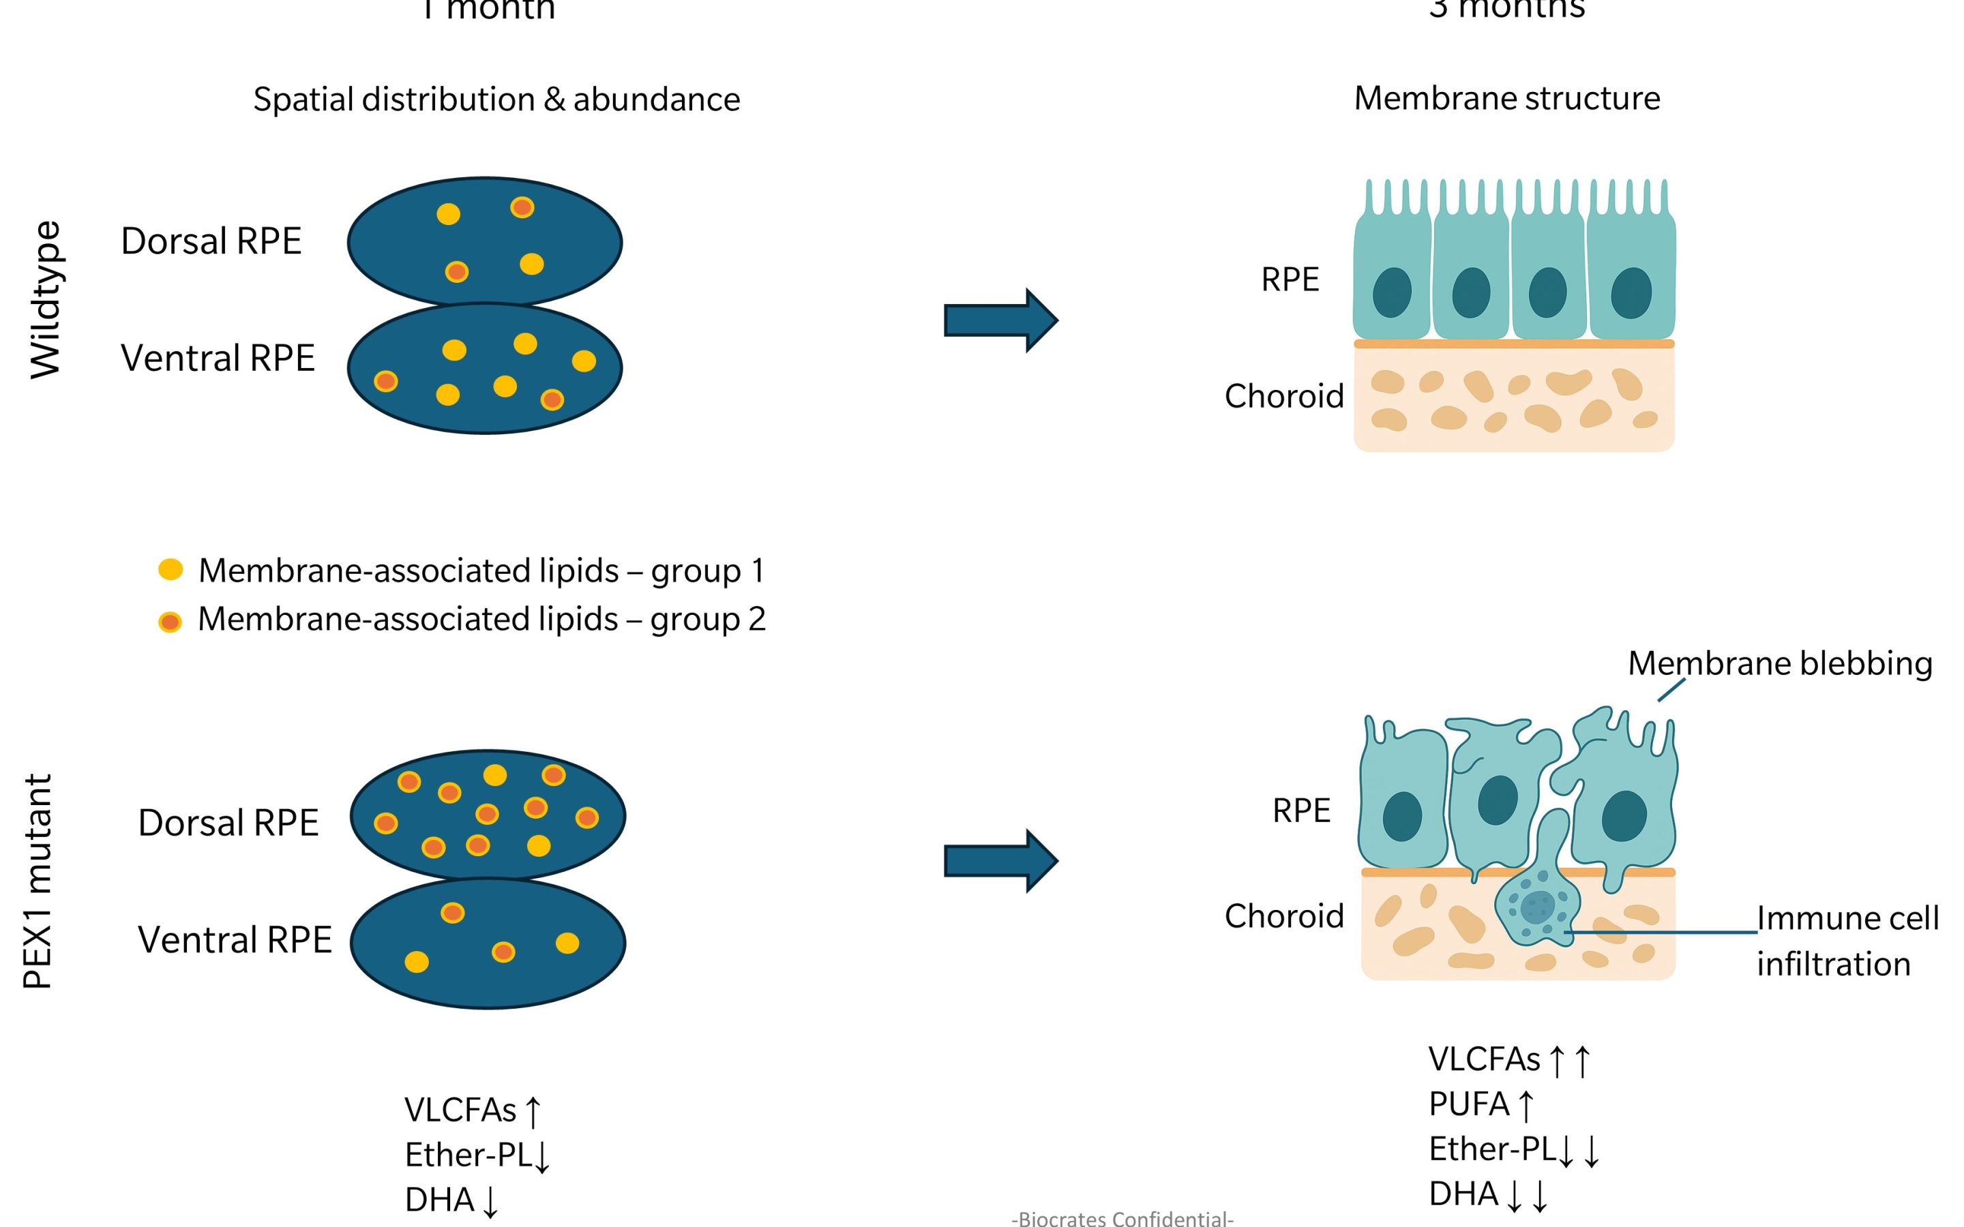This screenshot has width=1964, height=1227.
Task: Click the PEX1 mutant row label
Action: (38, 881)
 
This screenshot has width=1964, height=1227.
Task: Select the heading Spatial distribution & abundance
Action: (496, 100)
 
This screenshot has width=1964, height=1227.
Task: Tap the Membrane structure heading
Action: (1507, 98)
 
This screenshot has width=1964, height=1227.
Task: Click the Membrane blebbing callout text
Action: (1779, 664)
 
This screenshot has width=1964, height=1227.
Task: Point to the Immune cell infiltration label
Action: (1847, 941)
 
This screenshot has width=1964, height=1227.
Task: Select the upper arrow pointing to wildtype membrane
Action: (1000, 320)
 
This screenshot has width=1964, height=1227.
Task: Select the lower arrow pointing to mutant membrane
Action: (1000, 861)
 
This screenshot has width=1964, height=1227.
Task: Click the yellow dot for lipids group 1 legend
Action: (170, 570)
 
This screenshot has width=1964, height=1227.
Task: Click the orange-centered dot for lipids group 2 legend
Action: (170, 622)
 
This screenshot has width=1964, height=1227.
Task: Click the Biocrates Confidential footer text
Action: (1122, 1218)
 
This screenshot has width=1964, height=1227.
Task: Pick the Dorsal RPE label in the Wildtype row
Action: (211, 241)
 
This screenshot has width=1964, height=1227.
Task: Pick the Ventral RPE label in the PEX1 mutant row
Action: (235, 940)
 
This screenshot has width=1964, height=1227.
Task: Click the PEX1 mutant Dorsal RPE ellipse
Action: (488, 814)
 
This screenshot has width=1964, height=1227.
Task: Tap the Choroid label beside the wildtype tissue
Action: (1284, 396)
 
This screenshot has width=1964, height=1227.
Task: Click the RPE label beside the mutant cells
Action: (1301, 811)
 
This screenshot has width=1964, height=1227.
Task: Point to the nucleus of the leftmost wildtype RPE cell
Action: (1392, 292)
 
